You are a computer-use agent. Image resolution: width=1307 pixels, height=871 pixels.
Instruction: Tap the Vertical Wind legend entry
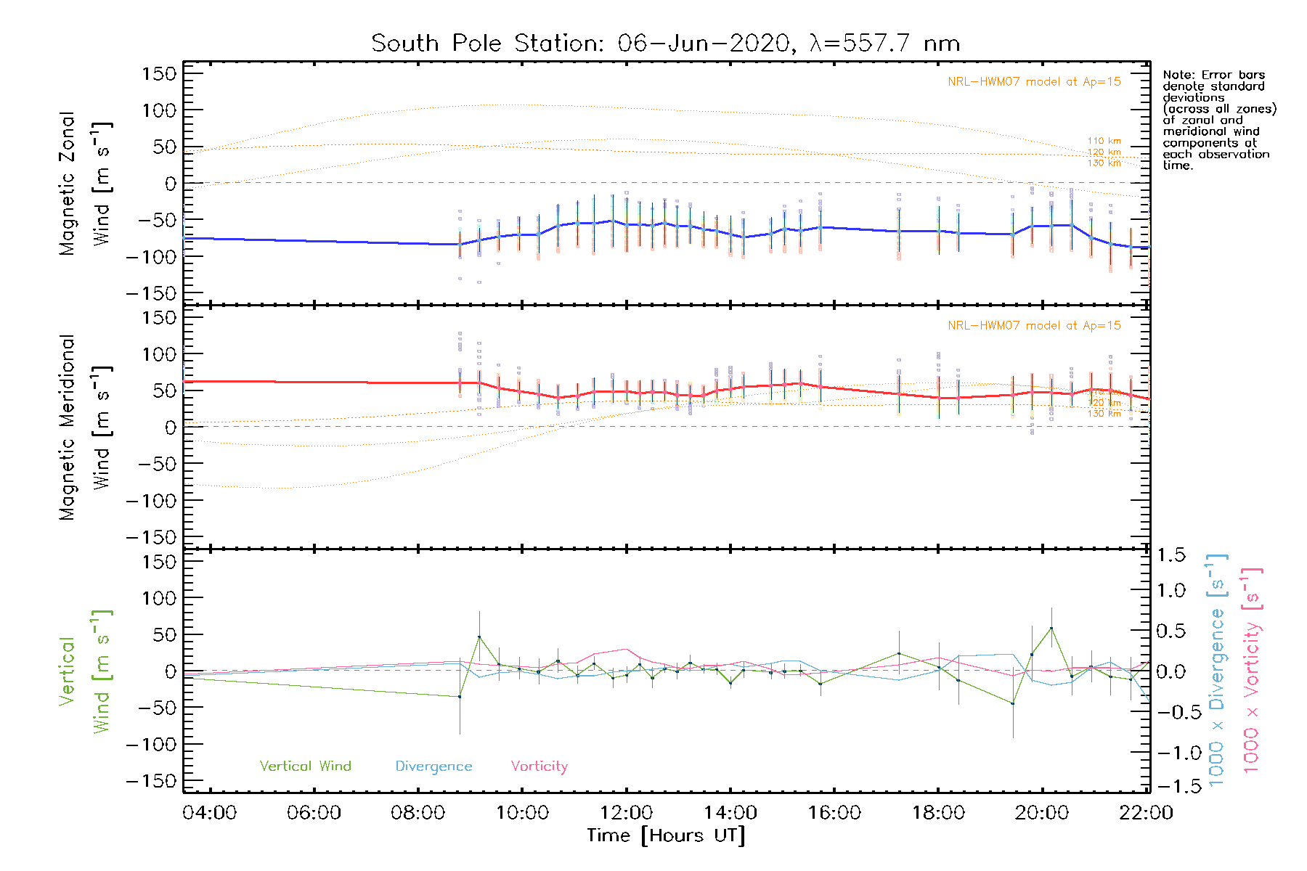coord(305,766)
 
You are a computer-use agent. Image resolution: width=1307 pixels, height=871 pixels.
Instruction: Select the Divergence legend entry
coord(433,766)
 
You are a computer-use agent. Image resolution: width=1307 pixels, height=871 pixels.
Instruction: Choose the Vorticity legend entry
coord(539,766)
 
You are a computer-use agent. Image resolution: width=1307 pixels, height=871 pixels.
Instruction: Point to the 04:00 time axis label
coord(210,813)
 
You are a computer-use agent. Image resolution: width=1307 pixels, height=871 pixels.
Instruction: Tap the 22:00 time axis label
coord(1146,813)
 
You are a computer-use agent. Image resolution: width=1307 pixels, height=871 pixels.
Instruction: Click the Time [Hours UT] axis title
coord(666,836)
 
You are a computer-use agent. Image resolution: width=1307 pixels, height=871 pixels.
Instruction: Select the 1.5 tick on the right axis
coord(1171,555)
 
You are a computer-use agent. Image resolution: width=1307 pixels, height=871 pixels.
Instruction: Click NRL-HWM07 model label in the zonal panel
coord(1034,82)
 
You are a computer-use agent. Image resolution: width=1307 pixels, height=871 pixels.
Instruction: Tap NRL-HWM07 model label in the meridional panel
coord(1034,326)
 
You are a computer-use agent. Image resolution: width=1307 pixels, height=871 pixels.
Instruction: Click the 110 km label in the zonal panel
coord(1104,141)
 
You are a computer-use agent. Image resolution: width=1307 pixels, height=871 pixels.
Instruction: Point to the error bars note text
coord(1218,120)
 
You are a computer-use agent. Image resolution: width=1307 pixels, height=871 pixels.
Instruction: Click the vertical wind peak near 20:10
coord(1051,629)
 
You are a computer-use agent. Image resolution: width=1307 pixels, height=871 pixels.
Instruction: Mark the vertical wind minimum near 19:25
coord(1013,703)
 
